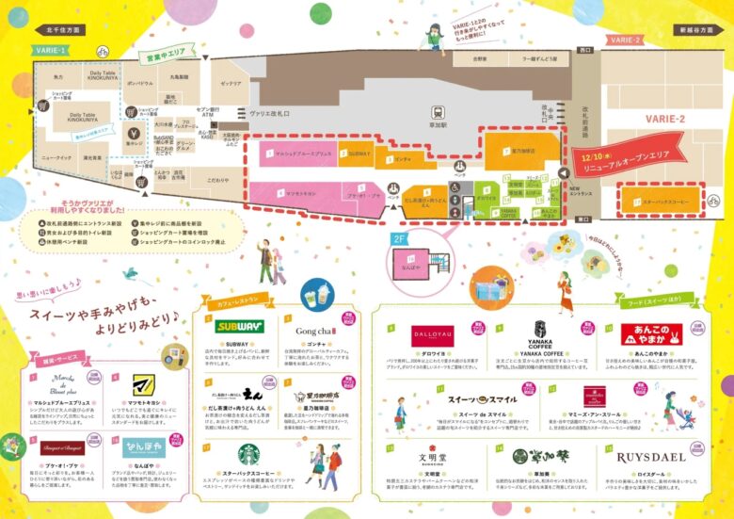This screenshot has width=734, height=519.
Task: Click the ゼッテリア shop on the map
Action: pos(230,84)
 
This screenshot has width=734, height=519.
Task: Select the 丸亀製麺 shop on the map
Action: pos(180,76)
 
